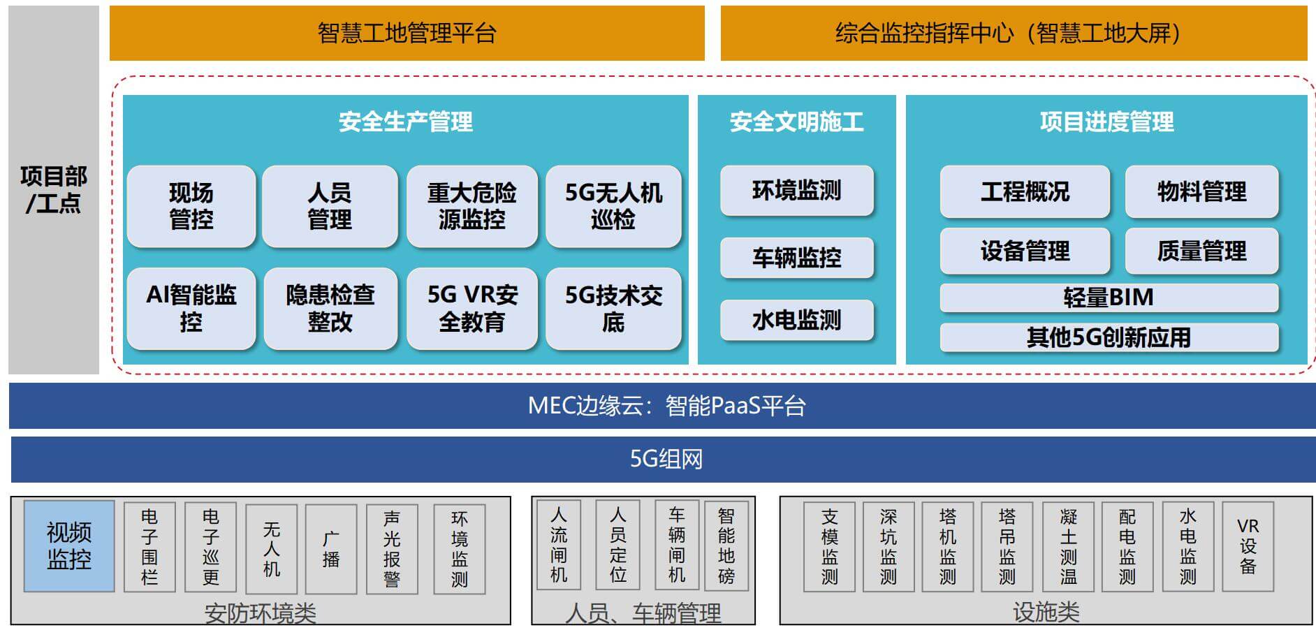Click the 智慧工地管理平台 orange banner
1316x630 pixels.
click(407, 33)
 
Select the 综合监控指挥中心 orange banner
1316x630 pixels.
click(1014, 33)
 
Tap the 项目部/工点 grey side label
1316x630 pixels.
click(54, 189)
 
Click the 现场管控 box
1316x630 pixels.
click(191, 206)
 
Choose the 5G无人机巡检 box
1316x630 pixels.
click(613, 206)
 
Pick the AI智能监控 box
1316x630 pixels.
click(191, 308)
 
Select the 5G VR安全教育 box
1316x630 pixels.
click(472, 308)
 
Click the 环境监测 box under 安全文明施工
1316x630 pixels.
click(797, 190)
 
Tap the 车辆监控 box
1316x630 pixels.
click(797, 258)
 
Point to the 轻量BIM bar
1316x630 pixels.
click(1109, 298)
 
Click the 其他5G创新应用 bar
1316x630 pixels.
click(1109, 337)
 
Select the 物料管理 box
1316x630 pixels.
click(1201, 191)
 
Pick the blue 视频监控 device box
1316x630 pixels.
click(69, 546)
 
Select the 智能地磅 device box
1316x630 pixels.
click(726, 545)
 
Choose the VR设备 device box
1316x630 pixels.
click(1248, 546)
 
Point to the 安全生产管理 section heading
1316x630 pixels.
click(406, 122)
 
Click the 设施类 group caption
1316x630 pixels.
click(1046, 613)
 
